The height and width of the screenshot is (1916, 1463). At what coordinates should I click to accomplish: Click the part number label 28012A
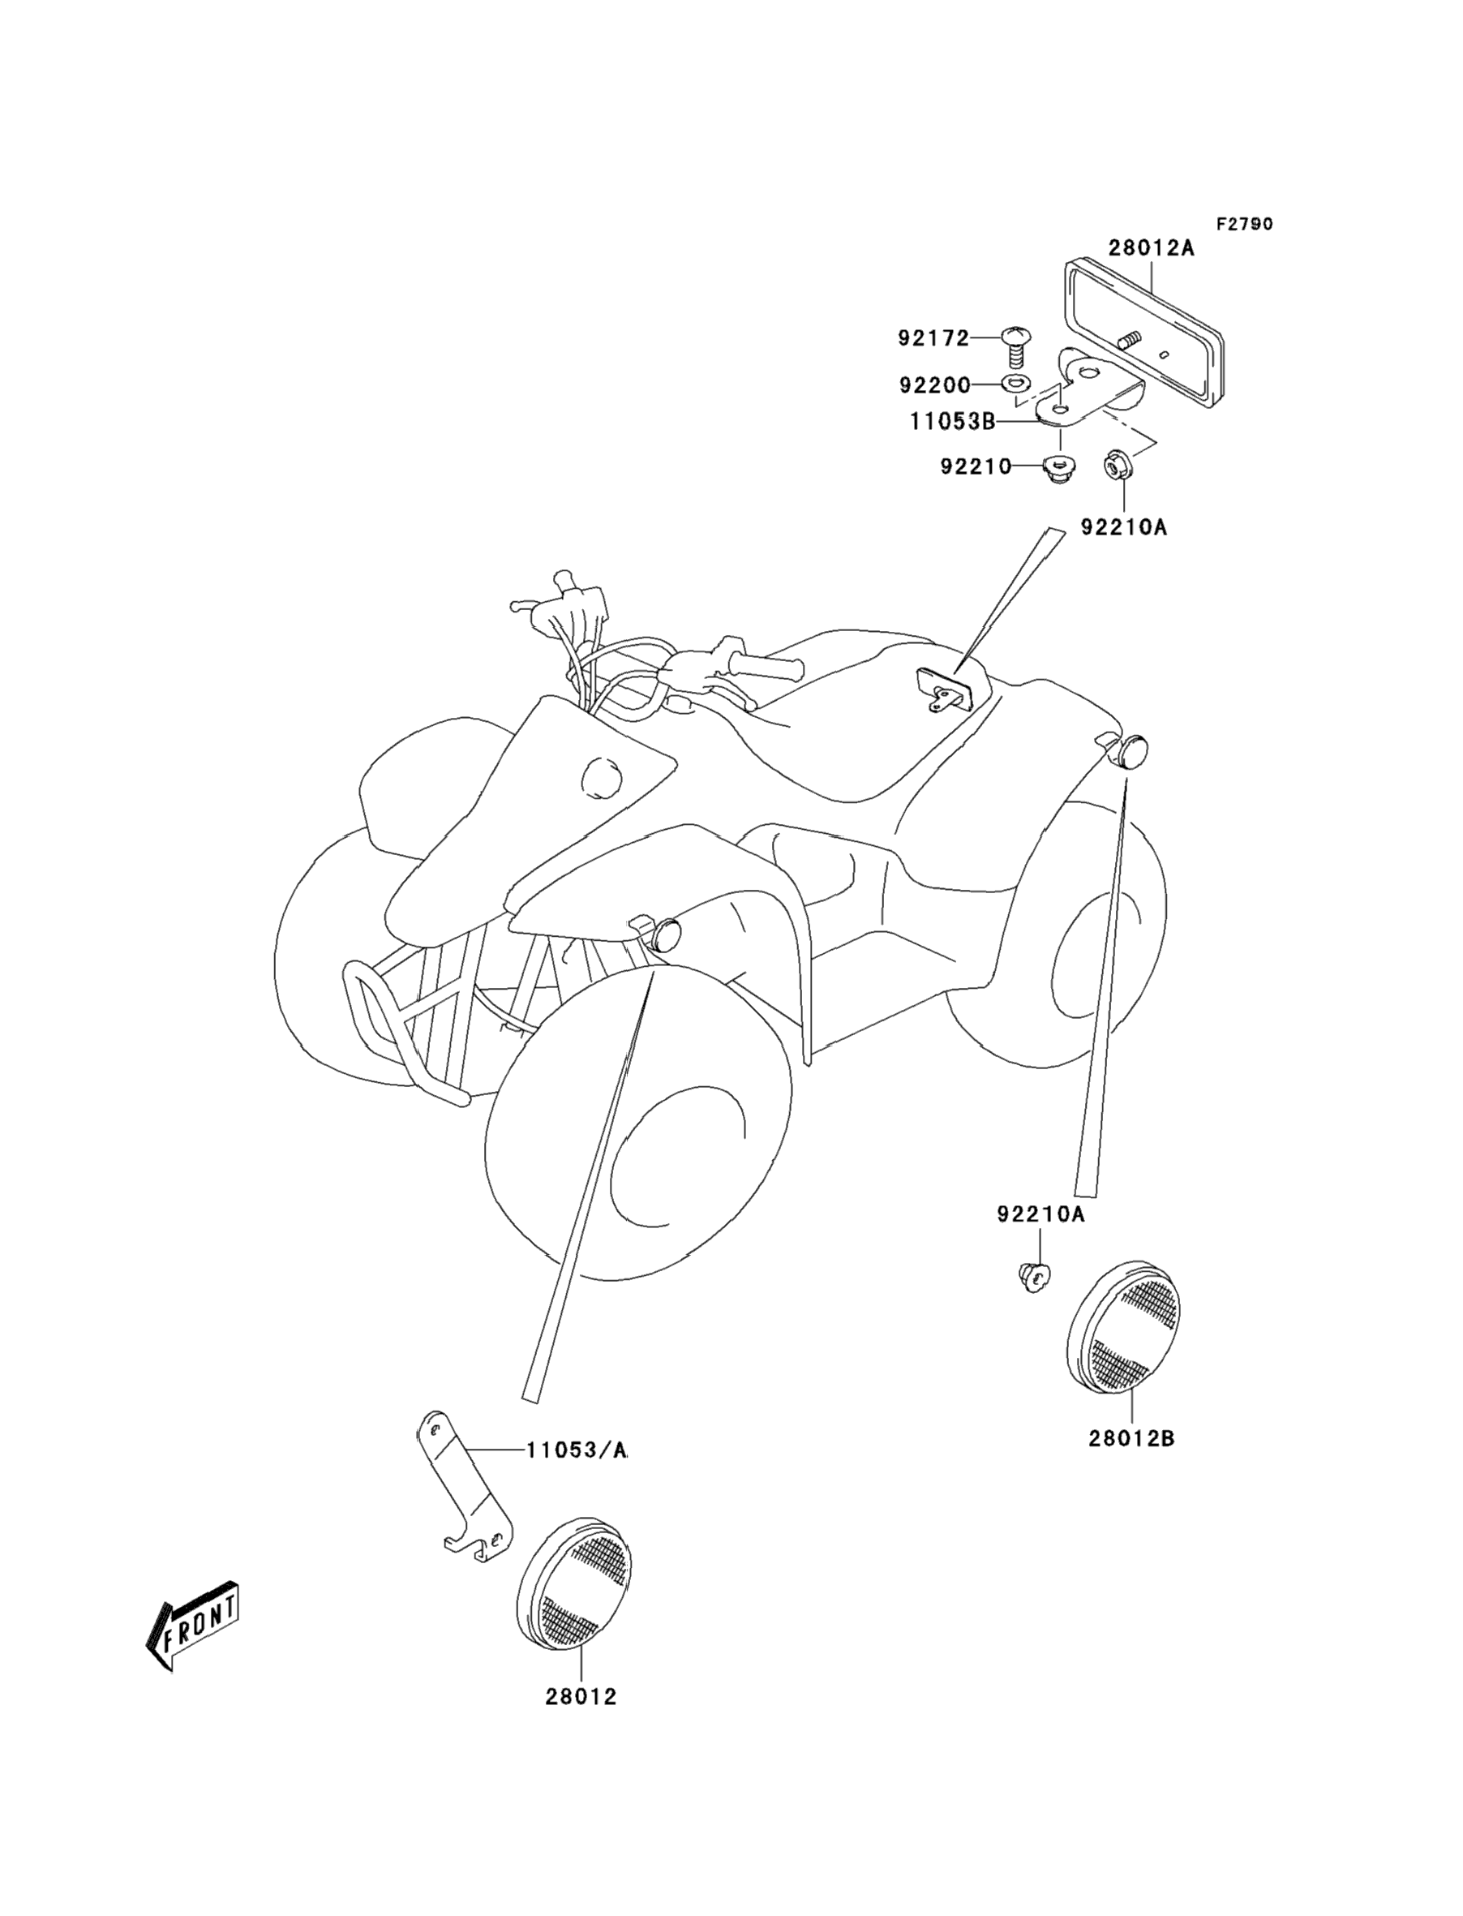coord(1151,247)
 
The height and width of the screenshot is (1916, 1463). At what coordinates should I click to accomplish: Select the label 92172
coord(933,338)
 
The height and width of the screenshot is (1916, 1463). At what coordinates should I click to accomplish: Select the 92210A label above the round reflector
coord(1040,1214)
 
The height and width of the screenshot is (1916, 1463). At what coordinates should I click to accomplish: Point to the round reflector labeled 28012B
coord(1124,1329)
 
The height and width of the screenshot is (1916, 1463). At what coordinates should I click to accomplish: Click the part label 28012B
coord(1131,1440)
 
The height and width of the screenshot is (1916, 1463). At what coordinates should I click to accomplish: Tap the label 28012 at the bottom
coord(581,1721)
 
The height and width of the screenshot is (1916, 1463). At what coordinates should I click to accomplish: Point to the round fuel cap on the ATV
coord(600,776)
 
